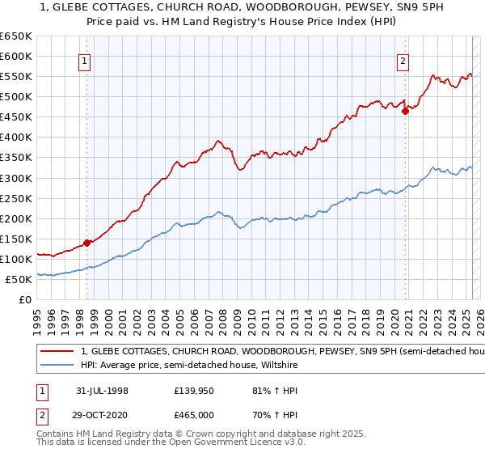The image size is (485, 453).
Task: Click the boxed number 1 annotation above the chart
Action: [85, 59]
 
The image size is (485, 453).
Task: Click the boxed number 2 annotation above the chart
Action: [403, 59]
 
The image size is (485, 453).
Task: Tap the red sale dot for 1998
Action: [86, 242]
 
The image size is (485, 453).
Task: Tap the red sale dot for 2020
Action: [406, 112]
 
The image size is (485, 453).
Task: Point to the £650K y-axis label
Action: [16, 36]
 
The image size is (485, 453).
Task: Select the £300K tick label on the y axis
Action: [16, 178]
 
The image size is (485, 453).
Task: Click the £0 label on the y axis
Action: [25, 299]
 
